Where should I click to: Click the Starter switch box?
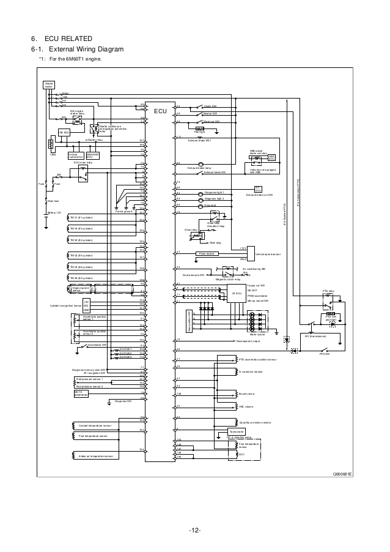(48, 85)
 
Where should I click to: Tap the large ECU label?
(160, 112)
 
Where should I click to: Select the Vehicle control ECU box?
(76, 156)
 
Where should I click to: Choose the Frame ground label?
(123, 211)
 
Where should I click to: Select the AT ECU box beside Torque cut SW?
(237, 294)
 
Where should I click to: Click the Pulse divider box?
(207, 253)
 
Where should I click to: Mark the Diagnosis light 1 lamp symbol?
(202, 192)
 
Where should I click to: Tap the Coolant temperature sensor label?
(95, 424)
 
